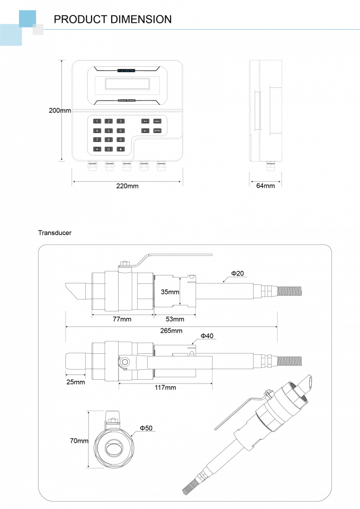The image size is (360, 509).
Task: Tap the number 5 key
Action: point(109,130)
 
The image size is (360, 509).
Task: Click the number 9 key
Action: point(121,140)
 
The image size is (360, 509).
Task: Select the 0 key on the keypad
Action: point(109,149)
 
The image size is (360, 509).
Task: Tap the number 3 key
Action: point(121,121)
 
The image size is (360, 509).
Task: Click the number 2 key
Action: point(109,121)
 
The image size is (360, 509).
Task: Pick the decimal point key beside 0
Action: point(97,149)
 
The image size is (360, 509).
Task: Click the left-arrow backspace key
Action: point(121,149)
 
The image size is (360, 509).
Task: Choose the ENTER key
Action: point(157,130)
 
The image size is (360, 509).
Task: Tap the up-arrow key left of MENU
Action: point(146,121)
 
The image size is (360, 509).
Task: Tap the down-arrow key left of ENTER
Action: point(146,130)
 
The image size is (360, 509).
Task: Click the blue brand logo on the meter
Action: point(127,70)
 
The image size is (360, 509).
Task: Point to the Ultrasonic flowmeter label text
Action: point(127,100)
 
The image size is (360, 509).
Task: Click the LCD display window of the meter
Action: point(127,84)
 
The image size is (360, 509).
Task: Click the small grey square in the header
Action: point(38,30)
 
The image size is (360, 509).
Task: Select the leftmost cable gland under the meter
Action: point(93,167)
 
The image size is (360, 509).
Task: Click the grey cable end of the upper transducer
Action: point(289,291)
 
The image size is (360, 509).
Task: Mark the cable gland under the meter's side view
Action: point(271,166)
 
